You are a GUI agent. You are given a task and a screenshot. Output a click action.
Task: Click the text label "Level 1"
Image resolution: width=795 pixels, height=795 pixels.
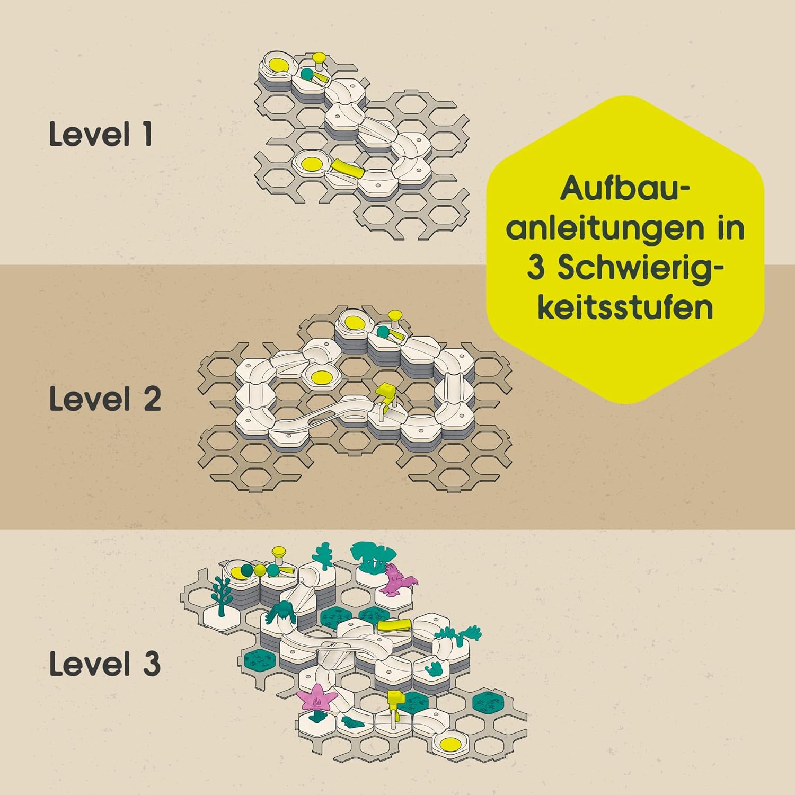click(x=101, y=134)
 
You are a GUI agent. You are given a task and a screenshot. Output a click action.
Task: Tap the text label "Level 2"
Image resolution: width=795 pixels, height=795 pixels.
click(x=105, y=399)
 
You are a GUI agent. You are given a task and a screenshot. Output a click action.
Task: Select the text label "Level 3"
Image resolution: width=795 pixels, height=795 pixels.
click(x=105, y=664)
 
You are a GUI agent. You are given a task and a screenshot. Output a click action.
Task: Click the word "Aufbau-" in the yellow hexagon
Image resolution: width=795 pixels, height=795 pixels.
click(x=625, y=188)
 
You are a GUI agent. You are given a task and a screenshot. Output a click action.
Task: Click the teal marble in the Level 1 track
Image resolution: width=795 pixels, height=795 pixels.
click(x=307, y=74)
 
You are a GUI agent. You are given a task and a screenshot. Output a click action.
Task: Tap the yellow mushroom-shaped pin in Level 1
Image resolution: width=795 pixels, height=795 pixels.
click(x=320, y=63)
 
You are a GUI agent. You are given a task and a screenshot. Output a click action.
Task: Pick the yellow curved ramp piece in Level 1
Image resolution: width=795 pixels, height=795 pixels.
click(x=347, y=169)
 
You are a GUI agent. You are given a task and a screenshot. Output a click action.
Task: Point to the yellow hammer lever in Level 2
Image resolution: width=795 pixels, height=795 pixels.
click(x=385, y=398)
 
